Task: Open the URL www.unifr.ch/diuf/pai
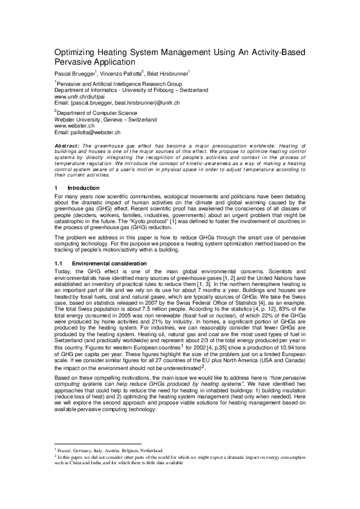[80, 96]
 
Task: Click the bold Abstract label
[66, 146]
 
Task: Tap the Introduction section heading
[83, 188]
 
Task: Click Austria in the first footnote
[113, 467]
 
